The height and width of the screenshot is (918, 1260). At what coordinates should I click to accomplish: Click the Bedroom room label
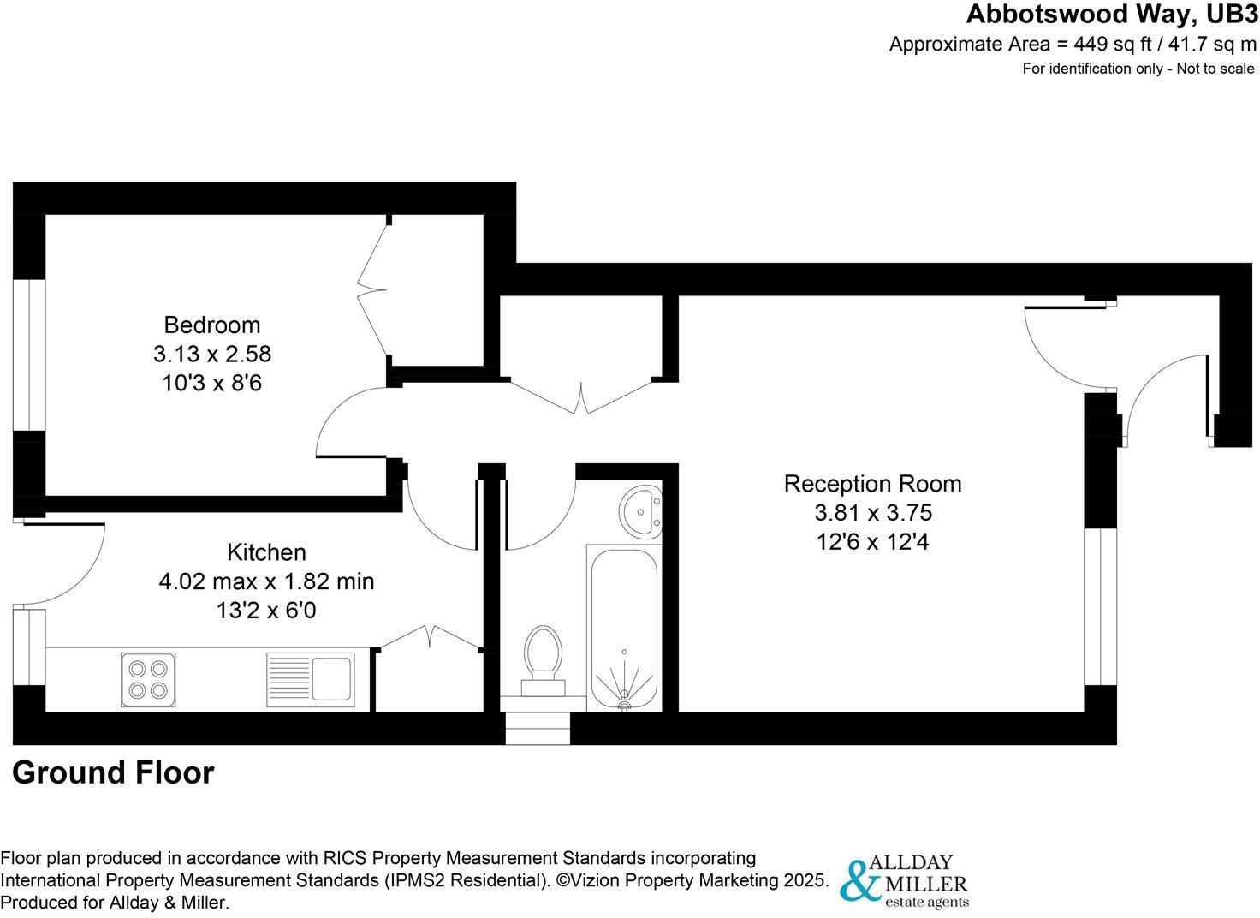211,325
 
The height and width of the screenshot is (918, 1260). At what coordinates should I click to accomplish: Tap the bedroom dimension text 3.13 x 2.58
211,354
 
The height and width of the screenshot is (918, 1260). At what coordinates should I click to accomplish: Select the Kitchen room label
266,551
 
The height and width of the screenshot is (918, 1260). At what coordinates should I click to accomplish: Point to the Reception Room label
872,484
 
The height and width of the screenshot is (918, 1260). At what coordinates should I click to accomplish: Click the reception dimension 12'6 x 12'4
872,542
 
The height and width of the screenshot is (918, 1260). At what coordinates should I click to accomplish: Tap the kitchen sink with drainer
310,679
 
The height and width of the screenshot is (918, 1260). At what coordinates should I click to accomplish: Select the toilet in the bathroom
544,658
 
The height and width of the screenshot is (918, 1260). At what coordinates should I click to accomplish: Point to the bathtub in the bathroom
624,627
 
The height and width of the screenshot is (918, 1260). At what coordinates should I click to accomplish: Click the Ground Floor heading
113,772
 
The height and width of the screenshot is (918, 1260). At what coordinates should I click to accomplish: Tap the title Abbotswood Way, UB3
1112,15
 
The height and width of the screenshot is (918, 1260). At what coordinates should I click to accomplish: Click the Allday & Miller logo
904,881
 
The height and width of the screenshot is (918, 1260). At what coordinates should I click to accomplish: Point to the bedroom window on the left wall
29,354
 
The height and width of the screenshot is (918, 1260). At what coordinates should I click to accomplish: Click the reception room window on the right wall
1100,607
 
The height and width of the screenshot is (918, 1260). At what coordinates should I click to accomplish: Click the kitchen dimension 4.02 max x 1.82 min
266,581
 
